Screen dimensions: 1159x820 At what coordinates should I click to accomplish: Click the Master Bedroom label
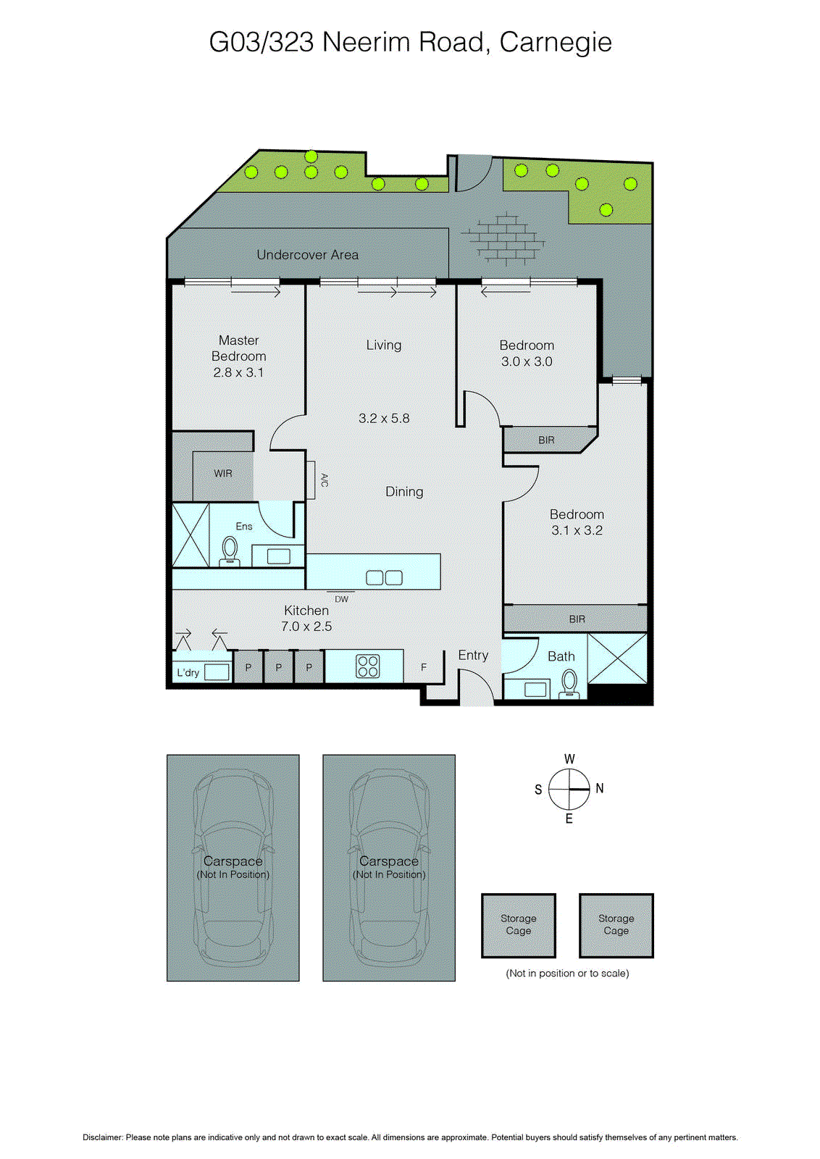[x=238, y=348]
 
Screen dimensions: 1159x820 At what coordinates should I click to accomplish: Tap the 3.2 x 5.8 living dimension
[x=384, y=419]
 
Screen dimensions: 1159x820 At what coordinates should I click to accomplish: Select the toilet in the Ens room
[x=230, y=550]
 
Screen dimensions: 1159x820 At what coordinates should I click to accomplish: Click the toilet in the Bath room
[x=569, y=682]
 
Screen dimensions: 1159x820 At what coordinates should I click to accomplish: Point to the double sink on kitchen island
[x=384, y=577]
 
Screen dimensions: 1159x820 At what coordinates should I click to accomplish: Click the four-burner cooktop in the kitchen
[x=368, y=666]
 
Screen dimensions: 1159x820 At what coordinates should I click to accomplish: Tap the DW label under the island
[x=341, y=600]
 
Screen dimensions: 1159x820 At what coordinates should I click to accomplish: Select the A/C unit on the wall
[x=311, y=480]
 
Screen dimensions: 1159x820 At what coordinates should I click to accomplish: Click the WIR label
[x=223, y=474]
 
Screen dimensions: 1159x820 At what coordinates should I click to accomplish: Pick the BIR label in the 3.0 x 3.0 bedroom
[x=546, y=440]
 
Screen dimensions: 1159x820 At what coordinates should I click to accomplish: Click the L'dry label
[x=188, y=673]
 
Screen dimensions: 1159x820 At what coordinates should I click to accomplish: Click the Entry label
[x=473, y=656]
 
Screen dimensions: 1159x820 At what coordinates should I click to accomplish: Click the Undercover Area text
[x=307, y=255]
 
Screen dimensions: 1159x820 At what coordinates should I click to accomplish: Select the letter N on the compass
[x=600, y=789]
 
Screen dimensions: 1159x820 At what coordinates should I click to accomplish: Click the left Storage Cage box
[x=519, y=925]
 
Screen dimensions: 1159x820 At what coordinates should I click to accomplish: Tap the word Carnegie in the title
[x=556, y=43]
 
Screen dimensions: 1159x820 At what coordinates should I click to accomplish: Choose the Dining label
[x=404, y=492]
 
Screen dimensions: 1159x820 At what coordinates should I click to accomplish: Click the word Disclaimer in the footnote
[x=102, y=1137]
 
